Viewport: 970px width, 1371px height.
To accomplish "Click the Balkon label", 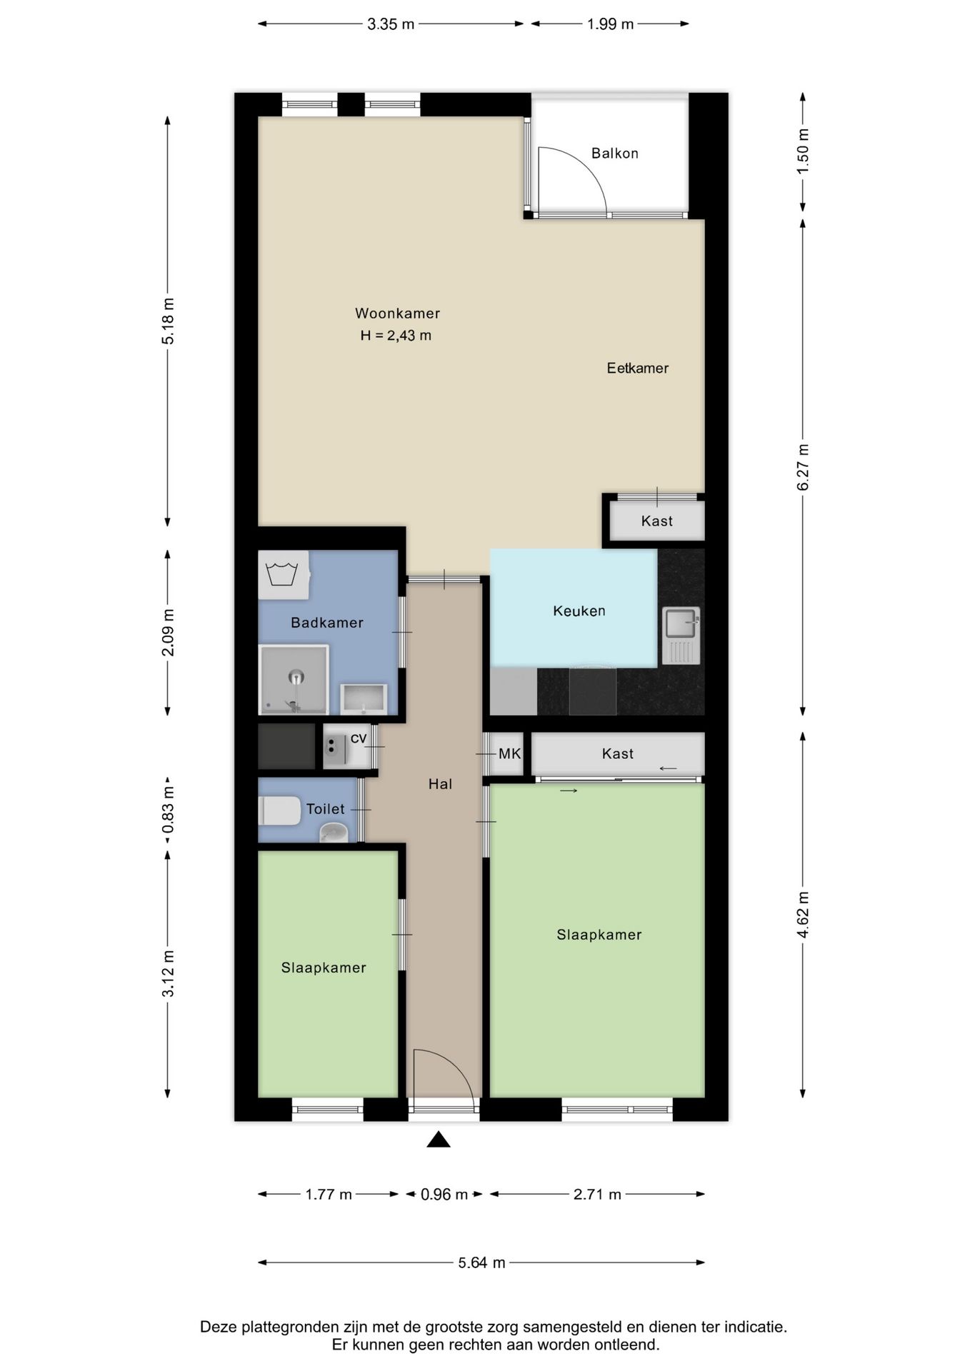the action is pyautogui.click(x=614, y=154).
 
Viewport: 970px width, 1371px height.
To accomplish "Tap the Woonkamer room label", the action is pyautogui.click(x=397, y=313).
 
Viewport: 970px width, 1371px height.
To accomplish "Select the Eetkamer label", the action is pyautogui.click(x=637, y=368).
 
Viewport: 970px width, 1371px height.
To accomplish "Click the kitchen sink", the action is pyautogui.click(x=681, y=635).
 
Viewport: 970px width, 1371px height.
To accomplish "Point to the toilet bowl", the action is pyautogui.click(x=279, y=810).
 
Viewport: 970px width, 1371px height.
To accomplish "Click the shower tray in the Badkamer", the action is pyautogui.click(x=294, y=679).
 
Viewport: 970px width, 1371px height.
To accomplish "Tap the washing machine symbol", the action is pyautogui.click(x=284, y=575).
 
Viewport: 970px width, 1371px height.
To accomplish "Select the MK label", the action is pyautogui.click(x=510, y=753).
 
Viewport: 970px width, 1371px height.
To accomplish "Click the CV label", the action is pyautogui.click(x=359, y=738).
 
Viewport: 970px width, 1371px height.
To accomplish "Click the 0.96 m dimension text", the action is pyautogui.click(x=444, y=1195).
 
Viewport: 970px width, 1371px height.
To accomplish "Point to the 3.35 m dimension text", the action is pyautogui.click(x=391, y=24).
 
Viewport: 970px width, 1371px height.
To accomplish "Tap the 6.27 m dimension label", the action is pyautogui.click(x=803, y=468).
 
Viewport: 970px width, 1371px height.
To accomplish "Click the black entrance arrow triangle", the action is pyautogui.click(x=439, y=1140).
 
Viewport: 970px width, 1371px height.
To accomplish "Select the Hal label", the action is pyautogui.click(x=440, y=784).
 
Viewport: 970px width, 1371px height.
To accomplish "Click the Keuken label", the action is pyautogui.click(x=579, y=611).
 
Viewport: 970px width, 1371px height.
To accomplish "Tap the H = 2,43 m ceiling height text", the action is pyautogui.click(x=396, y=336).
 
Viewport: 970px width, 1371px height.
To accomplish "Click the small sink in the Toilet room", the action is pyautogui.click(x=333, y=833).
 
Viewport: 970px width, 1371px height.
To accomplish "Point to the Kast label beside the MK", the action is pyautogui.click(x=618, y=754).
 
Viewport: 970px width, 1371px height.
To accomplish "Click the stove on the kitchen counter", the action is pyautogui.click(x=592, y=690).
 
